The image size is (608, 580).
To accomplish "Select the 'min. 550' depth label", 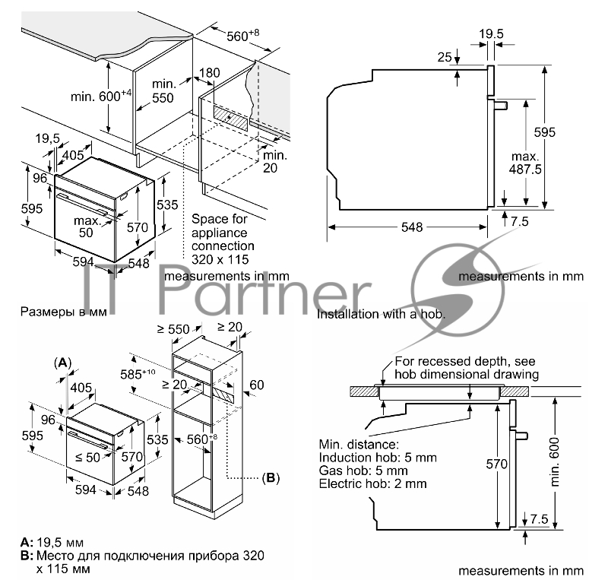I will [x=163, y=90].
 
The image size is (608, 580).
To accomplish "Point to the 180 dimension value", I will [x=209, y=73].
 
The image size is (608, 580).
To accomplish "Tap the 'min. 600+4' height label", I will [x=101, y=96].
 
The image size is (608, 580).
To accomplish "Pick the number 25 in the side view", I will [x=445, y=57].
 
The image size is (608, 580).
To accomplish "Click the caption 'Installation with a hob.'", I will [x=381, y=313].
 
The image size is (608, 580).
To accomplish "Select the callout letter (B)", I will [x=271, y=478].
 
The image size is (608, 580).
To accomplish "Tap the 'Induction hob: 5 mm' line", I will [x=378, y=457].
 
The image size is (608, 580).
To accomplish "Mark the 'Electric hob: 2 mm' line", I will [x=373, y=483].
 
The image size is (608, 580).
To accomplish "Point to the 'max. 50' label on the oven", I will [x=88, y=226].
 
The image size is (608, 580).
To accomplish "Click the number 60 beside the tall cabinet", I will [x=257, y=385].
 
